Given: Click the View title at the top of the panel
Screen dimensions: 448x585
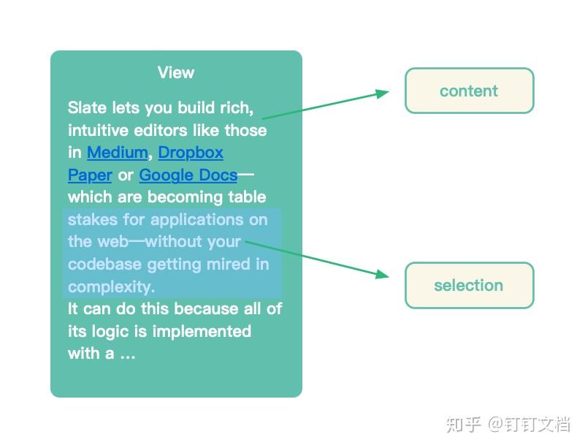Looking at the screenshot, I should click(x=175, y=72).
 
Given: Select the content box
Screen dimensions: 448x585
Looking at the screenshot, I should click(x=469, y=91).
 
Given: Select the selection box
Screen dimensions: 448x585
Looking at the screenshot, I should click(x=469, y=285).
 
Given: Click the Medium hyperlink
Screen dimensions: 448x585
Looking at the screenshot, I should click(x=117, y=153).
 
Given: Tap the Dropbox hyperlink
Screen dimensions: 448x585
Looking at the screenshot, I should click(x=191, y=153).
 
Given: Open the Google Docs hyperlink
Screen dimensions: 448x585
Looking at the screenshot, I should click(x=188, y=175).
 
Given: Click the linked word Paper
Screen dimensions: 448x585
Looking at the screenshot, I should click(x=90, y=175).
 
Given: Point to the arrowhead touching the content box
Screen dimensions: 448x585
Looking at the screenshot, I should click(x=383, y=94).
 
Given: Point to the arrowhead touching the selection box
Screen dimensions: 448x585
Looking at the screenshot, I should click(x=382, y=274).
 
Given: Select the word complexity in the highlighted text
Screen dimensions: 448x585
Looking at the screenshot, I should click(x=111, y=287).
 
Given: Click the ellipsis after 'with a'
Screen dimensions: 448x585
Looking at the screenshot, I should click(x=128, y=354).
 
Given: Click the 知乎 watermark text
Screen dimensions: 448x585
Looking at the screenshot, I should click(x=464, y=424).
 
